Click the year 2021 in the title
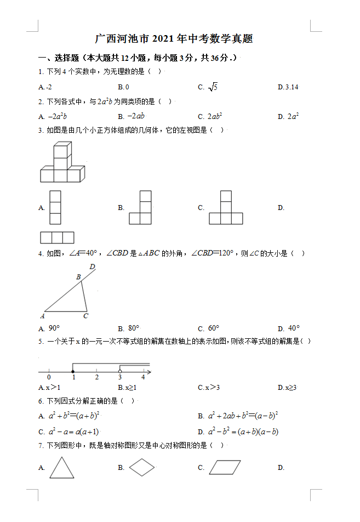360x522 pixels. click(163, 39)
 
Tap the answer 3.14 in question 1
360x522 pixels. click(290, 87)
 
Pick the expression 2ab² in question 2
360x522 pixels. click(214, 116)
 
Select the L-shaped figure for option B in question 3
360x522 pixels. click(140, 207)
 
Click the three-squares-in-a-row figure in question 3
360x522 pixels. click(57, 237)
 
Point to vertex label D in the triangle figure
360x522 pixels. click(92, 267)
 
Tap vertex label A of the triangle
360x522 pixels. click(42, 316)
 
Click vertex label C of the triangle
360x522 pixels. click(85, 316)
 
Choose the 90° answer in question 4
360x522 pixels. click(54, 328)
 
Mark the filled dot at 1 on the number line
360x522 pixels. click(73, 372)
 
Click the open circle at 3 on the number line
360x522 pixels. click(120, 372)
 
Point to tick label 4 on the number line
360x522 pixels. click(143, 378)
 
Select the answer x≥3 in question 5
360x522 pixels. click(290, 388)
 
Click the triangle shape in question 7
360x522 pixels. click(61, 468)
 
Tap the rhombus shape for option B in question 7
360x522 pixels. click(142, 468)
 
